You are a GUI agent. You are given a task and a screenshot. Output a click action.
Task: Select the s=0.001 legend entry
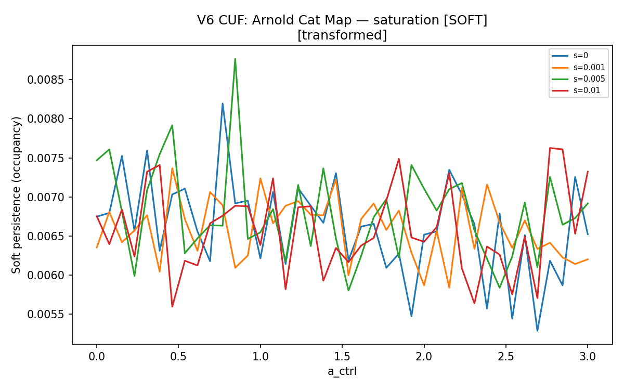(578, 68)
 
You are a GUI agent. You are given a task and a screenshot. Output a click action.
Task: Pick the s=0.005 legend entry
(578, 79)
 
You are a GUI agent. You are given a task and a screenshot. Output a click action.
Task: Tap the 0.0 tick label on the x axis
(97, 356)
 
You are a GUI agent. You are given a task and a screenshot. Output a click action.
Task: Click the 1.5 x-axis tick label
(342, 356)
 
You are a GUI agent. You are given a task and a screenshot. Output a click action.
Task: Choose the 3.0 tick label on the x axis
(588, 356)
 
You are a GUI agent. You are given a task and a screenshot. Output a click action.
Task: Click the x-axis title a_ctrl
(342, 371)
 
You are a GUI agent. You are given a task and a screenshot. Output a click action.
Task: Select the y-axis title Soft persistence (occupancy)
(16, 195)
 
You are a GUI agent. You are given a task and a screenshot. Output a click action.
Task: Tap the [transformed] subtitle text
(342, 35)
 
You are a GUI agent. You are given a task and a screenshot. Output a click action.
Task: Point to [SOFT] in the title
(465, 20)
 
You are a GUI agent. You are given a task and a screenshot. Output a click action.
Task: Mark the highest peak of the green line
(236, 59)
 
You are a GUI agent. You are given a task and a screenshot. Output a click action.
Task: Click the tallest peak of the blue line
(223, 103)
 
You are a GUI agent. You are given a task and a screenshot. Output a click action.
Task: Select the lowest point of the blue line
(537, 331)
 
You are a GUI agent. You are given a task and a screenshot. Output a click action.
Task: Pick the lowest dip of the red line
(172, 307)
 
